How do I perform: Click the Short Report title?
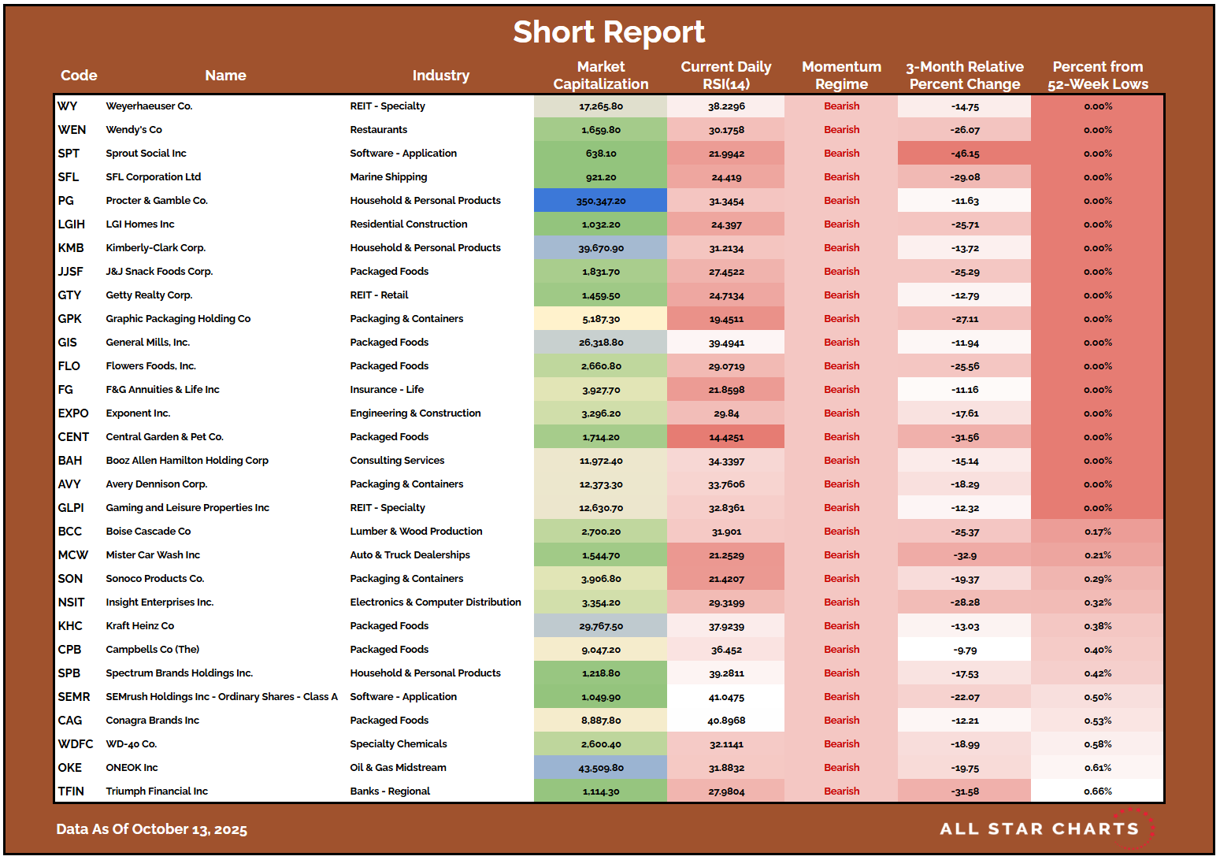click(x=609, y=32)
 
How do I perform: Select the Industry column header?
click(x=440, y=76)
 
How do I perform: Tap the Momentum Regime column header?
click(x=841, y=76)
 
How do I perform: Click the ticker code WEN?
click(x=72, y=130)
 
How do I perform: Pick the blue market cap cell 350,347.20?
click(x=600, y=201)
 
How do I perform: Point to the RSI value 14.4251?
click(x=725, y=437)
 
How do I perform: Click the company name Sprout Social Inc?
click(x=146, y=154)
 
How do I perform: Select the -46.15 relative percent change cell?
click(x=964, y=154)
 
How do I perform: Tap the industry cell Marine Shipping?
click(x=388, y=177)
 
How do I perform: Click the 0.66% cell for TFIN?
click(x=1097, y=791)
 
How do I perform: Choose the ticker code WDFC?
click(x=75, y=744)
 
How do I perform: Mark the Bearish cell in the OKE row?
click(x=841, y=768)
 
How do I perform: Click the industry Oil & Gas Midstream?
click(x=398, y=768)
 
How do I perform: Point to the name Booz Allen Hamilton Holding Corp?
click(x=187, y=461)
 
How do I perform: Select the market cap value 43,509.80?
click(x=600, y=768)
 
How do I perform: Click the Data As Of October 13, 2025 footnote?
click(x=151, y=829)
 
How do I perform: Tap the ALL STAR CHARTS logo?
click(x=1040, y=828)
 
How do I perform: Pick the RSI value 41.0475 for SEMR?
click(x=725, y=697)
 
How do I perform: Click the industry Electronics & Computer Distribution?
click(x=435, y=602)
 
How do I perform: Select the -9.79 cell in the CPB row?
click(x=964, y=650)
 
